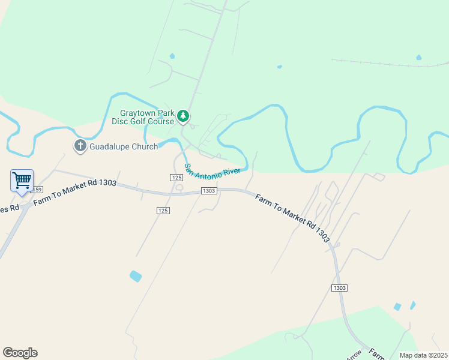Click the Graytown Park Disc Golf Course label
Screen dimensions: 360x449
(x=147, y=117)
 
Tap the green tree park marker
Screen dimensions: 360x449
(x=184, y=116)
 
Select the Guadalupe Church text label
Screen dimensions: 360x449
(x=124, y=146)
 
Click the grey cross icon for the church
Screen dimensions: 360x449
(x=80, y=146)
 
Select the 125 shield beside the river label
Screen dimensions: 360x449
(x=176, y=178)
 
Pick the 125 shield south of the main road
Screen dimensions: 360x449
(x=163, y=210)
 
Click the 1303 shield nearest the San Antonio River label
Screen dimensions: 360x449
(x=208, y=191)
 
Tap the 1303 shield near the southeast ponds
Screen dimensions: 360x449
(x=339, y=288)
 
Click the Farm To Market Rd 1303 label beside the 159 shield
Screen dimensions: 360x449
(x=74, y=193)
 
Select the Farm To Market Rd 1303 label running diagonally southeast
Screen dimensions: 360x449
(x=292, y=218)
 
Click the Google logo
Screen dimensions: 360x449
(x=20, y=353)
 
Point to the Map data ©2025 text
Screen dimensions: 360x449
(x=423, y=355)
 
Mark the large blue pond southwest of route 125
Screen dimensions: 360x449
(x=136, y=276)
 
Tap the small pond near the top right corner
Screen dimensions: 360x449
(x=418, y=58)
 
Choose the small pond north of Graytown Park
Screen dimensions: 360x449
(x=172, y=56)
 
